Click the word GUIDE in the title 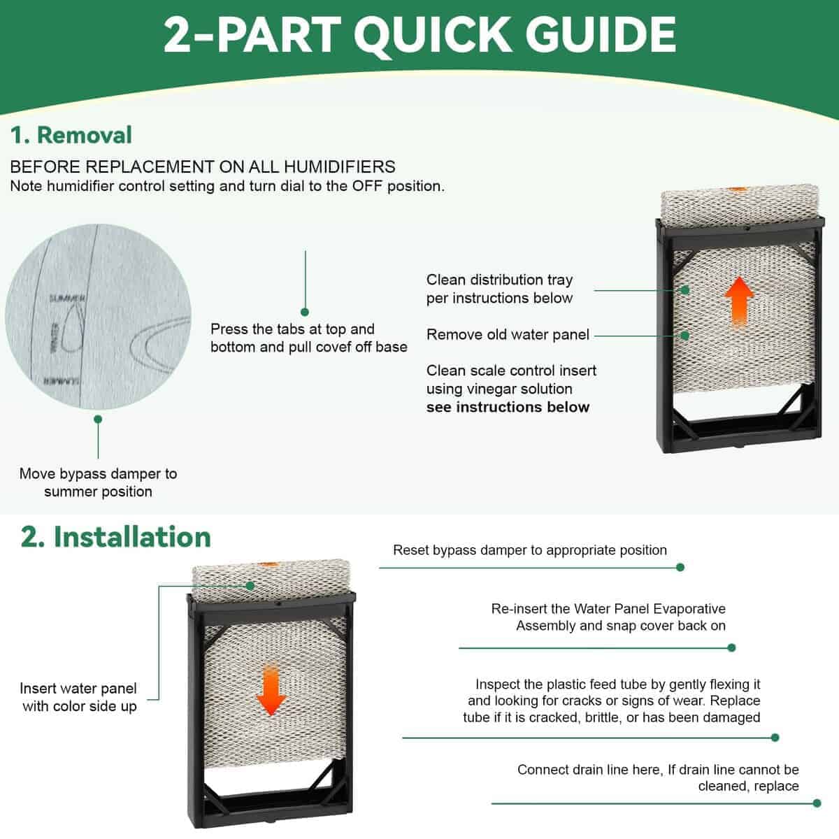click(x=600, y=35)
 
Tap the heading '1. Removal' click(x=71, y=135)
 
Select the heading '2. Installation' click(x=116, y=537)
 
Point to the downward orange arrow click(x=271, y=690)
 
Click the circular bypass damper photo click(x=98, y=317)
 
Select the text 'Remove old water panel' click(x=508, y=334)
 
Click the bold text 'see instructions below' click(x=508, y=407)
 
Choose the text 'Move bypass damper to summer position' click(x=99, y=482)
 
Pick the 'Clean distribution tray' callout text click(x=499, y=280)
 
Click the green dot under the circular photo click(x=98, y=419)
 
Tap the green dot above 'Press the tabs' click(x=305, y=312)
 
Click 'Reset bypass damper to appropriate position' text click(x=530, y=550)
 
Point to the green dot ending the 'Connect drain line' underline click(x=817, y=803)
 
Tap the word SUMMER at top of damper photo click(x=66, y=299)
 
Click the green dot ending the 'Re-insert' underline click(x=731, y=648)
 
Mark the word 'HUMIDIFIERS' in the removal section click(x=340, y=167)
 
